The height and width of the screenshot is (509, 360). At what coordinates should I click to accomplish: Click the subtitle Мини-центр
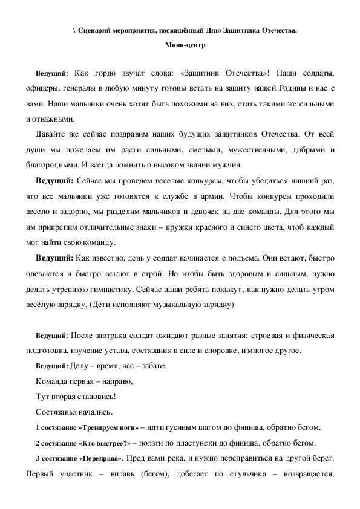click(180, 45)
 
